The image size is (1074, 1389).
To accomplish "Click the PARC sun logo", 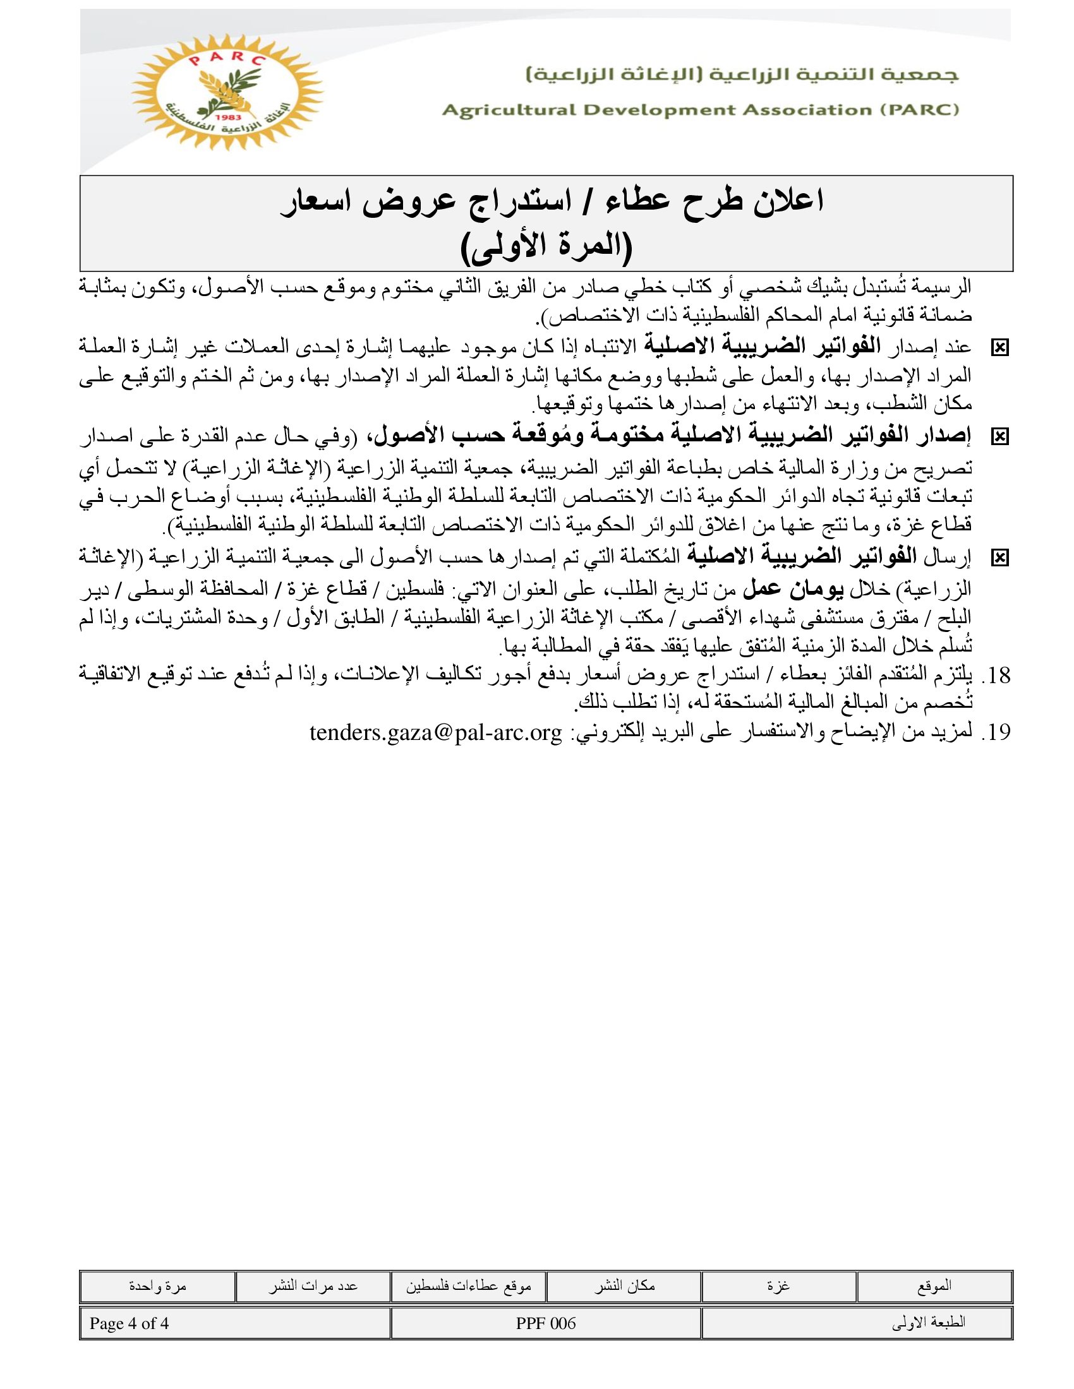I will click(x=227, y=93).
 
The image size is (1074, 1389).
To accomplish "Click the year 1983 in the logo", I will click(x=227, y=117).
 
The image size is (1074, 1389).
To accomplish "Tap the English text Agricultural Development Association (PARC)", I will click(x=701, y=110).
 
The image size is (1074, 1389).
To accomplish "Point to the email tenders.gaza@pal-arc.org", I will click(x=436, y=732).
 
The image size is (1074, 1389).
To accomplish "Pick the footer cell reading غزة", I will click(x=779, y=1285).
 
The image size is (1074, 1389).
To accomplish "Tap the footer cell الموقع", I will click(x=934, y=1285).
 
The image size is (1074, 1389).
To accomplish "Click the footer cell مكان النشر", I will click(x=624, y=1285).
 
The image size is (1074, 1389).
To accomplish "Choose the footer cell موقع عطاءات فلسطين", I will click(x=468, y=1285).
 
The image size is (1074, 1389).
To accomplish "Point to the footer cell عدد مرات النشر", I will click(x=312, y=1285).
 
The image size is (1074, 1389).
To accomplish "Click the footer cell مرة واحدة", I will click(x=157, y=1285).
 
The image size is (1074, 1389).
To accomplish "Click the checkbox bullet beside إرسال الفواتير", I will click(x=999, y=558).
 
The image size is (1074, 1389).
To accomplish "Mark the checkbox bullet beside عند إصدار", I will click(x=999, y=348).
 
